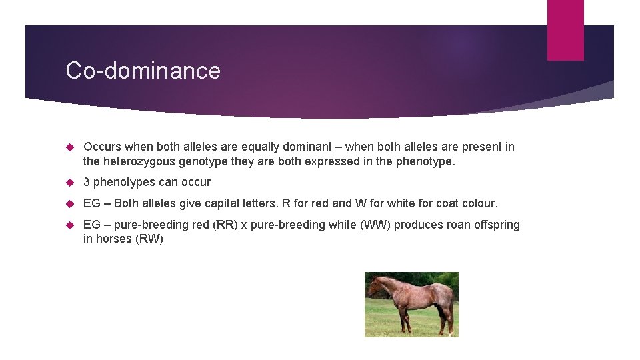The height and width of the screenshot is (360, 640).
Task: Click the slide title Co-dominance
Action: (143, 71)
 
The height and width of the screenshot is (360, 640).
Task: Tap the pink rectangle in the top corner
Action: (565, 30)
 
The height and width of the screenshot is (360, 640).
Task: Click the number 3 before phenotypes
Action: (87, 182)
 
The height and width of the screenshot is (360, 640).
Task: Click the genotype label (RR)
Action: (225, 225)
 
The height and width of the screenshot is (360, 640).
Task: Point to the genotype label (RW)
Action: (149, 239)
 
